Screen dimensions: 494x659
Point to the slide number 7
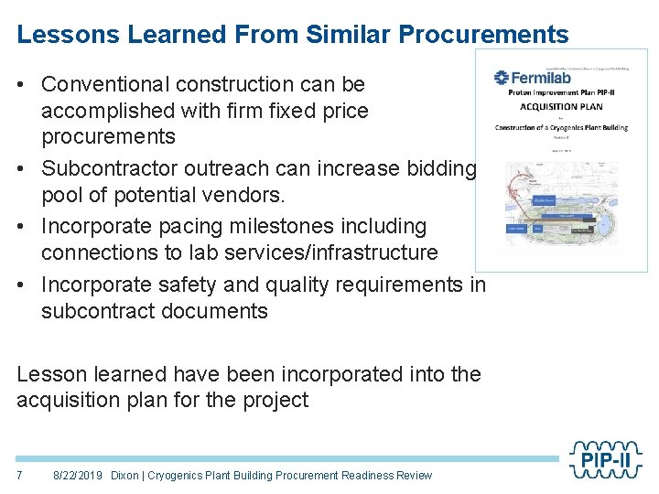pos(20,475)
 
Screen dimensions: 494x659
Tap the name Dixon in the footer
pos(125,475)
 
